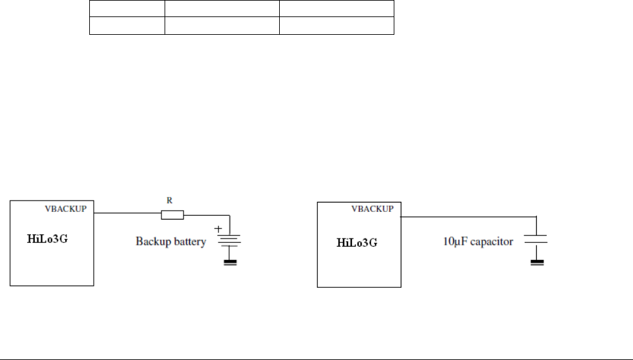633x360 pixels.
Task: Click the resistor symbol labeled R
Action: pos(172,215)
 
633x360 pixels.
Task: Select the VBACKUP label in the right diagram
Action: pos(373,208)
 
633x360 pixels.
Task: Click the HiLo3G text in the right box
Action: pos(357,242)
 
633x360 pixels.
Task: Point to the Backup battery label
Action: pos(170,242)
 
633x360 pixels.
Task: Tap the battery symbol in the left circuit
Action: pos(230,239)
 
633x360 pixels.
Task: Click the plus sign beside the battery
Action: pos(219,229)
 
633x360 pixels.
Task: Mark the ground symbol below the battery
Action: pos(230,262)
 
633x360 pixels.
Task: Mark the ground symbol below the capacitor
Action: pos(536,262)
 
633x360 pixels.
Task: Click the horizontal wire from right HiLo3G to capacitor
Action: pos(468,216)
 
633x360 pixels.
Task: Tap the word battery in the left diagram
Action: pos(189,242)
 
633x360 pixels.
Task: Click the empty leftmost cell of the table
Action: pos(127,25)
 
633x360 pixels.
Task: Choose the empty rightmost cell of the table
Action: pos(337,25)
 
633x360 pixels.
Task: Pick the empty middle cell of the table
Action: pos(222,25)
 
